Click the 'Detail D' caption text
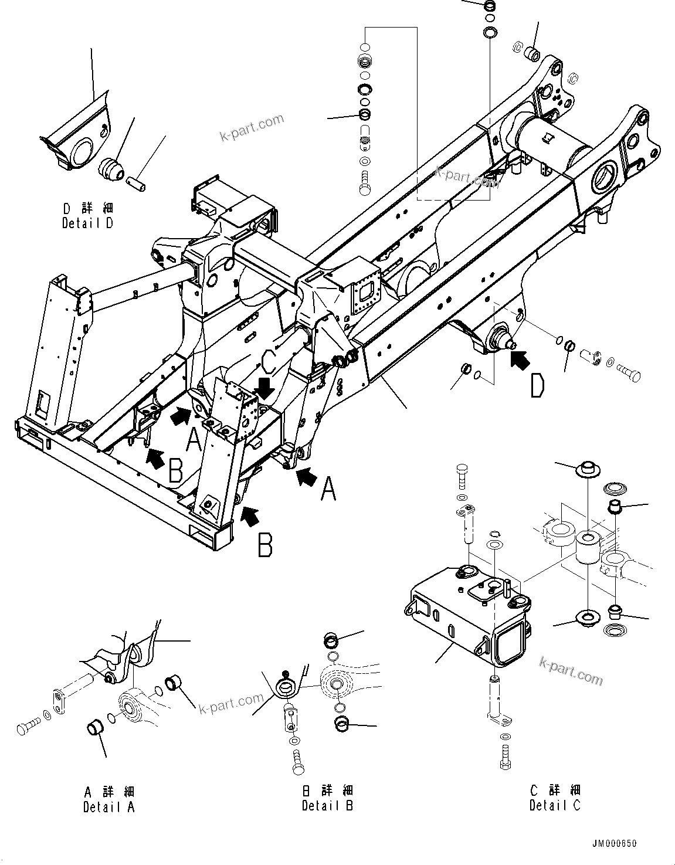point(88,223)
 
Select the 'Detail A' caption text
point(109,807)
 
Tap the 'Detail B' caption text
point(327,805)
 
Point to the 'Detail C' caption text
point(555,805)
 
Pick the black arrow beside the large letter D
point(518,359)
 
